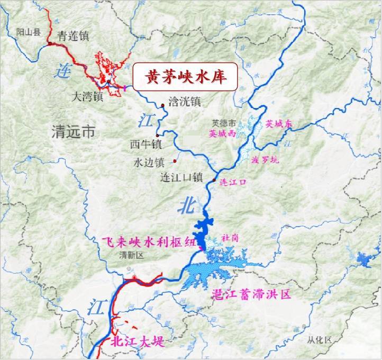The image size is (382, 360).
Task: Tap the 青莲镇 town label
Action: pyautogui.click(x=74, y=36)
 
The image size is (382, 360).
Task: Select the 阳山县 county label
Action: pyautogui.click(x=28, y=32)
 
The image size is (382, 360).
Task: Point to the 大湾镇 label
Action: pyautogui.click(x=88, y=97)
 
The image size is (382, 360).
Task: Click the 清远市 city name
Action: pyautogui.click(x=74, y=130)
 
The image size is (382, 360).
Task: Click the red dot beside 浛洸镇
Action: pyautogui.click(x=162, y=103)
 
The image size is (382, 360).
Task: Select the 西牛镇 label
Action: pyautogui.click(x=145, y=144)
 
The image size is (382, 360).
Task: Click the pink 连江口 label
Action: pyautogui.click(x=233, y=183)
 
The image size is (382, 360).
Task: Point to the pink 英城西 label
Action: pyautogui.click(x=222, y=134)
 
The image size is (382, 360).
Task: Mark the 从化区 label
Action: pyautogui.click(x=320, y=339)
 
